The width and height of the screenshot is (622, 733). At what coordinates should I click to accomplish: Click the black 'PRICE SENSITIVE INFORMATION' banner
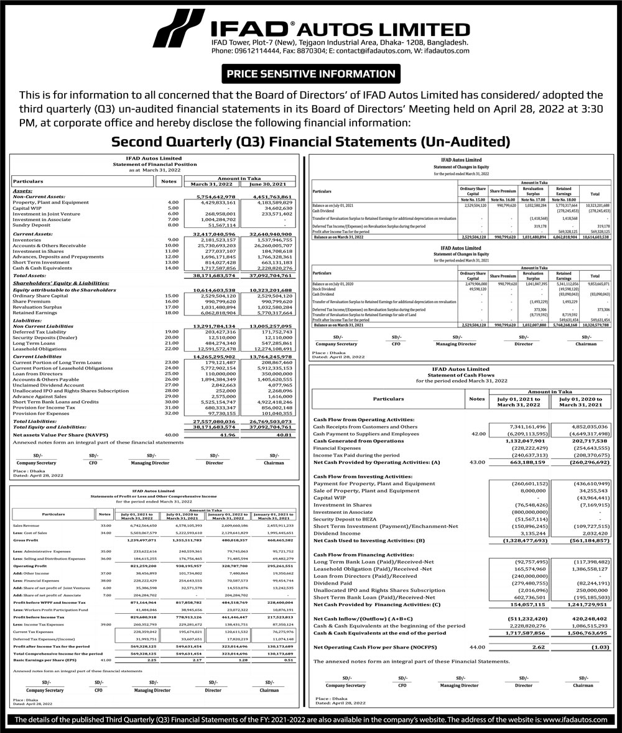coord(310,74)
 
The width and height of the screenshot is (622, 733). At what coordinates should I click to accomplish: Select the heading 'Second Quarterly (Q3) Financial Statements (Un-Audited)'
coord(310,142)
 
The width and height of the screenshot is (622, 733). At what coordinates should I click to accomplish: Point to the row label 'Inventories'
coord(28,239)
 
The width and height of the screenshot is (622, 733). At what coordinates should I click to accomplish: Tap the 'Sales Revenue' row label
coord(27,526)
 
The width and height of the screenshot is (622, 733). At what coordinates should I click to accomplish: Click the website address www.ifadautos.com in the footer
coord(575,719)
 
